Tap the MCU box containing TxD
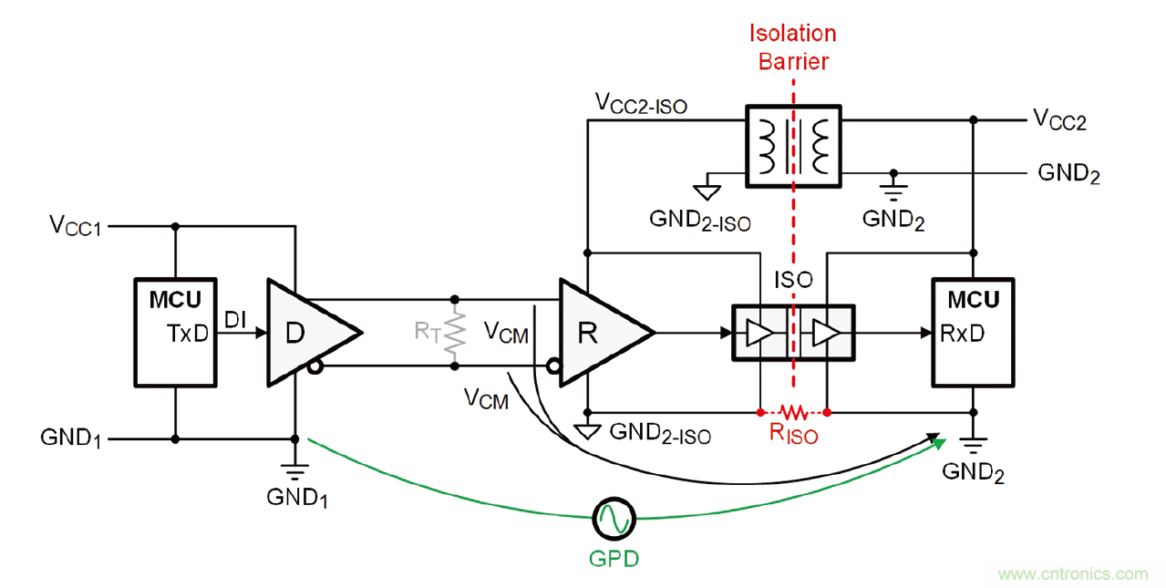(174, 332)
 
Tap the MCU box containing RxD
(973, 332)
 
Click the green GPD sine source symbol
(613, 520)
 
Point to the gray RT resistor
(454, 333)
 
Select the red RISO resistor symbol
(793, 412)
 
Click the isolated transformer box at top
(793, 144)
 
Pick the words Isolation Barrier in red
(792, 47)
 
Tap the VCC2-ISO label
(641, 104)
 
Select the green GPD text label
(613, 558)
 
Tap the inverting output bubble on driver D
(315, 366)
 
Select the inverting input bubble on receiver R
(552, 366)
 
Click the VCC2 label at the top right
(1058, 119)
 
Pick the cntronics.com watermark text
(1073, 574)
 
